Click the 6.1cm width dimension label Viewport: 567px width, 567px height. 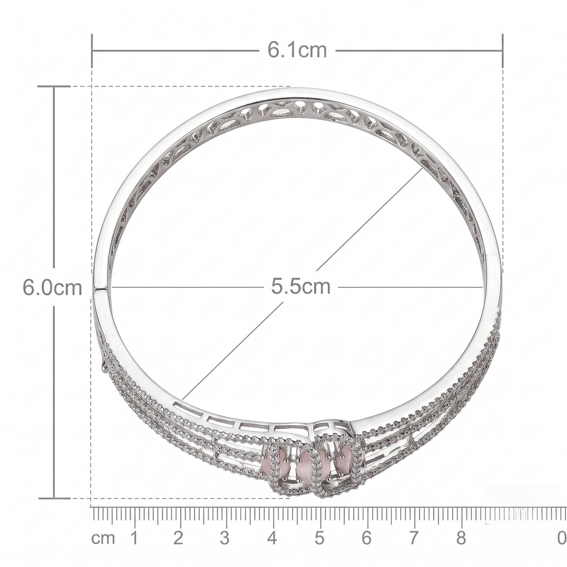point(297,50)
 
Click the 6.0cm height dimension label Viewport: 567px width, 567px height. point(52,287)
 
